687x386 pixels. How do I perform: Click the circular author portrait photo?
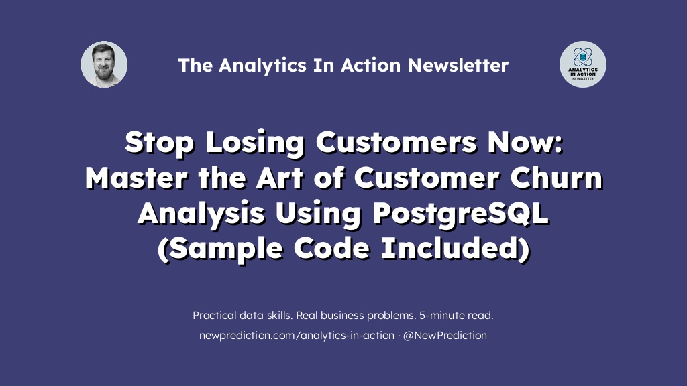[104, 64]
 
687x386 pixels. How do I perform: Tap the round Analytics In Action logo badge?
[583, 64]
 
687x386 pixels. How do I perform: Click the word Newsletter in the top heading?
[458, 65]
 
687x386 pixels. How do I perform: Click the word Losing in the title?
[255, 143]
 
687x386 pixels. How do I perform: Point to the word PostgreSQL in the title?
[461, 214]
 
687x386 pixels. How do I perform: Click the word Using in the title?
[318, 214]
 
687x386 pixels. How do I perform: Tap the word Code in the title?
[331, 248]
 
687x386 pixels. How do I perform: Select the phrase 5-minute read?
[456, 315]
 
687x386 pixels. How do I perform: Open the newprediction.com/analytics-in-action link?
[297, 336]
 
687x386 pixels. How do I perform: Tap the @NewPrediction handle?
[445, 336]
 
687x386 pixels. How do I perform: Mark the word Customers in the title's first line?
[396, 143]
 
